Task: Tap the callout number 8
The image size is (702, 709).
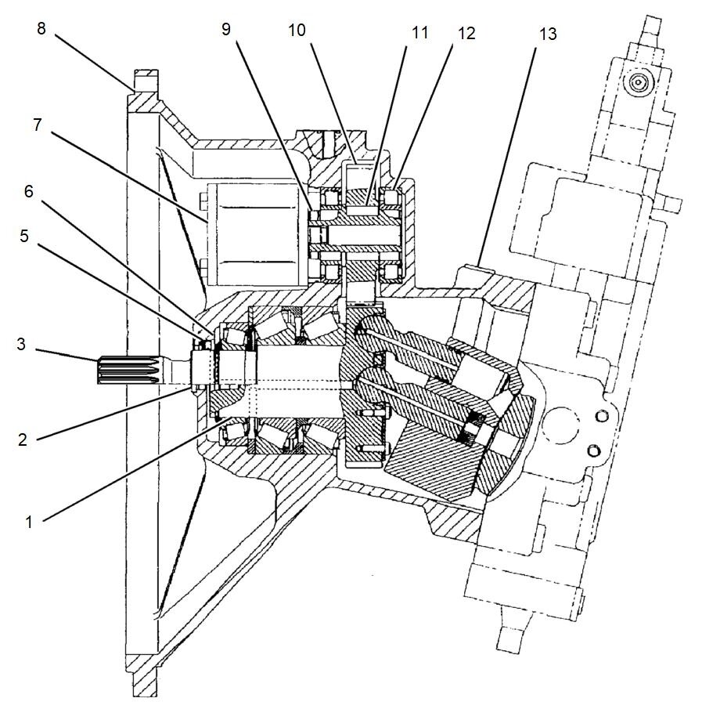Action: (x=41, y=29)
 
